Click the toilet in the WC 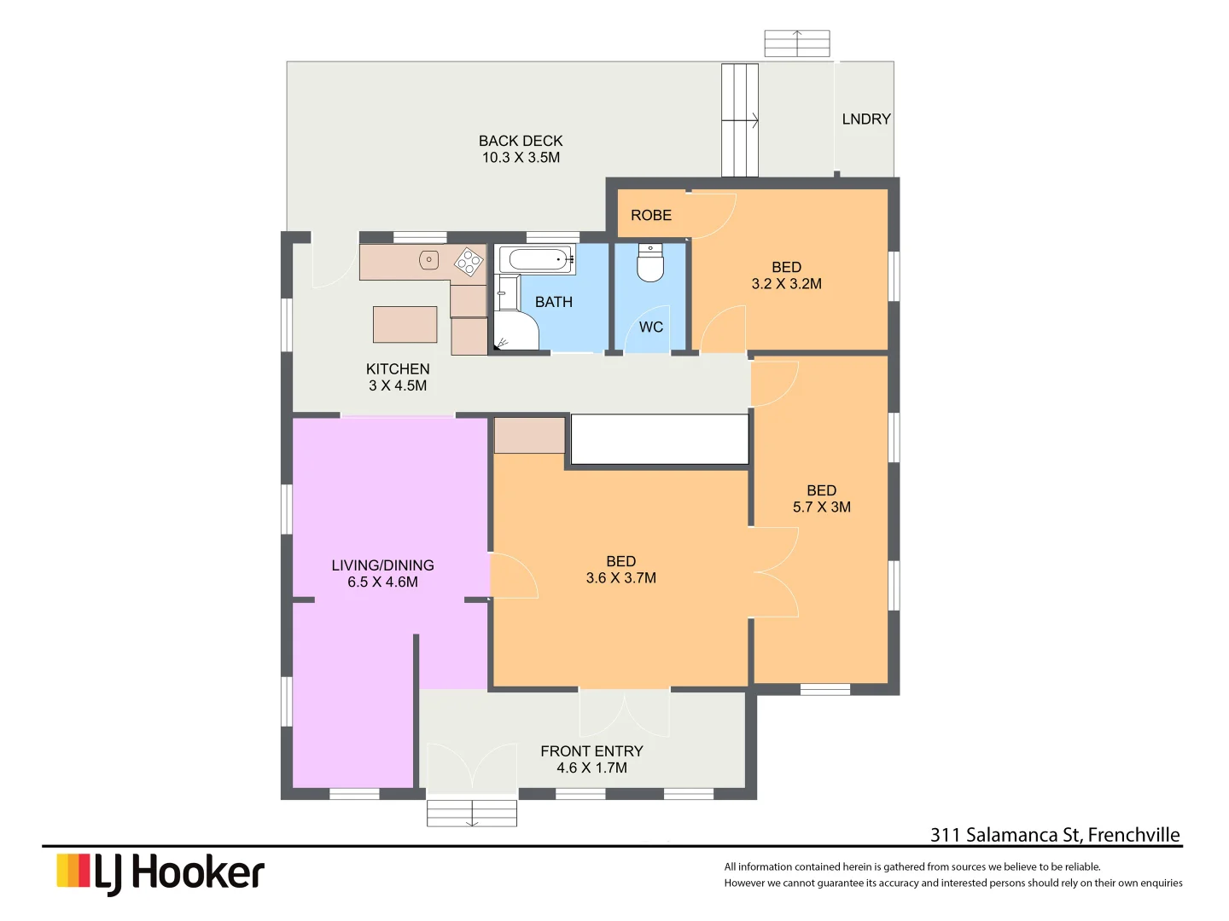pos(650,264)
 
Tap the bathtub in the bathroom pos(535,259)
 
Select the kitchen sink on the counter pos(428,260)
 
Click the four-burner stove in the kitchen pos(468,262)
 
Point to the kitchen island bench pos(405,324)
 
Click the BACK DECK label pos(521,141)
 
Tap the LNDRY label pos(865,119)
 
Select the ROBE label pos(651,216)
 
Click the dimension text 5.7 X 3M pos(821,507)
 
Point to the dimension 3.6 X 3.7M pos(620,578)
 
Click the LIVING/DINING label pos(382,565)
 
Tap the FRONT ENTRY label pos(591,751)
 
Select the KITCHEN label pos(398,369)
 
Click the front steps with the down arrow pos(472,813)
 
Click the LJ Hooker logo pos(160,873)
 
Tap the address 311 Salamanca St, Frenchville pos(1055,835)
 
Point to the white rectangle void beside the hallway pos(659,439)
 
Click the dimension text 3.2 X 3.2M pos(786,284)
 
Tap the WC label pos(651,327)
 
